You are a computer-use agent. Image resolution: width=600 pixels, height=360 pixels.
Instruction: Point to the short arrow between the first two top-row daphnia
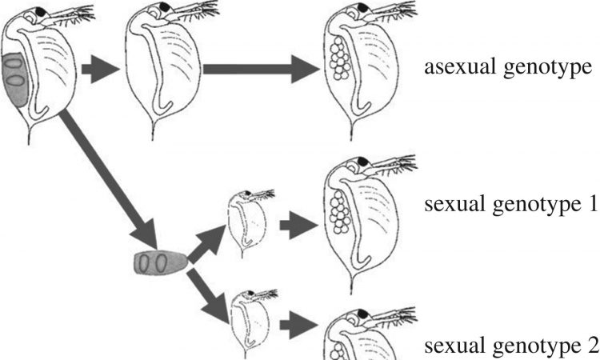tap(101, 70)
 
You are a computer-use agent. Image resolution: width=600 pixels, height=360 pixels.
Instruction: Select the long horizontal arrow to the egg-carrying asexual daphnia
tap(261, 69)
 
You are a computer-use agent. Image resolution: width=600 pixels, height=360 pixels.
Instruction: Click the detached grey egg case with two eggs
tap(160, 263)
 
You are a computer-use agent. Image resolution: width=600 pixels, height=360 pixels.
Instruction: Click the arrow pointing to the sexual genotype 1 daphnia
tap(299, 226)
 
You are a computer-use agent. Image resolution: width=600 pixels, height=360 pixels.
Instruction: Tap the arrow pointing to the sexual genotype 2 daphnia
tap(299, 325)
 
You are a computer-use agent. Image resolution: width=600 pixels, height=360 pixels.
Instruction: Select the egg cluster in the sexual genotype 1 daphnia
tap(338, 212)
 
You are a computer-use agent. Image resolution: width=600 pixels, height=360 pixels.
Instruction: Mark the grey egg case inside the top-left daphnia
tap(14, 79)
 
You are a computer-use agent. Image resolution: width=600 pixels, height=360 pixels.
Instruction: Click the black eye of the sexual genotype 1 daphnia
tap(362, 162)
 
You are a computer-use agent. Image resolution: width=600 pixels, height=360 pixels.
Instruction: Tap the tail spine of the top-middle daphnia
tap(154, 130)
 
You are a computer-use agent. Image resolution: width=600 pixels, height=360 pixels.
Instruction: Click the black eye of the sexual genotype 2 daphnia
tap(362, 314)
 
